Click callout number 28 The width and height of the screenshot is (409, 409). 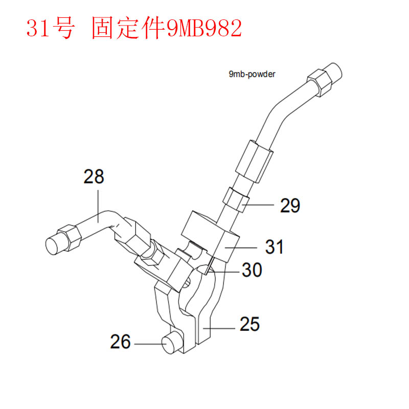(94, 176)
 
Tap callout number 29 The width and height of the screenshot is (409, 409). (290, 206)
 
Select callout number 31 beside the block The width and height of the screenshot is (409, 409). (274, 247)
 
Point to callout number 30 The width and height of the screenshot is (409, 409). (252, 270)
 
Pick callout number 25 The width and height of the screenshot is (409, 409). (249, 324)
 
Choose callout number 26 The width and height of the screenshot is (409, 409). (120, 342)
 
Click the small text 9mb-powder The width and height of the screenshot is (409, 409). (252, 74)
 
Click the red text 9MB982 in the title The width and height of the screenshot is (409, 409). (204, 28)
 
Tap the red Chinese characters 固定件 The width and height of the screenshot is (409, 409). (128, 28)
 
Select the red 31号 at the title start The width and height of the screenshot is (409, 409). (50, 28)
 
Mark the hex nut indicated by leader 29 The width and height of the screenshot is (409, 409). (236, 199)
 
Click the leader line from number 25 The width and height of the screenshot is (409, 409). (219, 328)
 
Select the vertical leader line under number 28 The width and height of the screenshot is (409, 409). (98, 206)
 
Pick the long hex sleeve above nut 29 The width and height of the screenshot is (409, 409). (254, 161)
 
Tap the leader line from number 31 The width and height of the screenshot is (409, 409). (241, 247)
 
